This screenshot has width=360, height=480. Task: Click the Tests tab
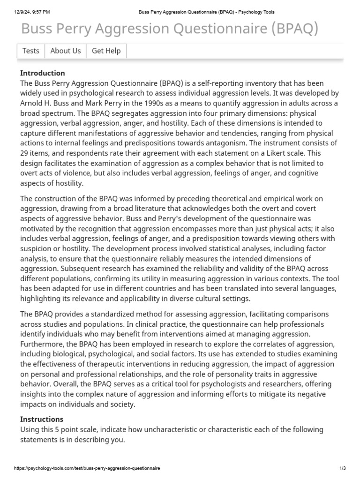point(31,51)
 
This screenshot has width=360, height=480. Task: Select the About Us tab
point(65,51)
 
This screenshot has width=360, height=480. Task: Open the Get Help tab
point(106,51)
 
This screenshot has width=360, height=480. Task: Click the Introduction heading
point(43,73)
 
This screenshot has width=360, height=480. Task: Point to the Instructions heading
point(42,419)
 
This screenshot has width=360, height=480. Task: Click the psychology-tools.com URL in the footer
point(87,468)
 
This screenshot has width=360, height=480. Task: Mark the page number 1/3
point(343,468)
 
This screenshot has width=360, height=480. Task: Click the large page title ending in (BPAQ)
point(170,29)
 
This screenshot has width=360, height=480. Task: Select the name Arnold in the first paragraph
point(33,103)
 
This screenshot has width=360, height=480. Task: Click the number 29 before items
point(25,153)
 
